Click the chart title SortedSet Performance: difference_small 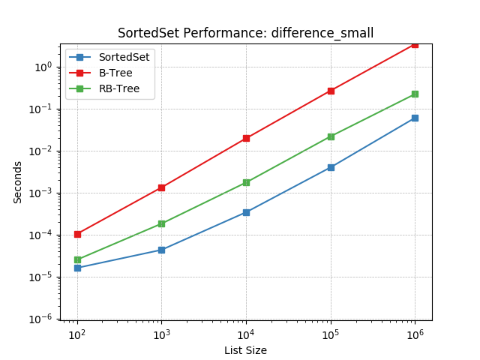pos(245,33)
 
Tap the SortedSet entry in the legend pos(124,57)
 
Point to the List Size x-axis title pos(245,350)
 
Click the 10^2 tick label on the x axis pos(76,333)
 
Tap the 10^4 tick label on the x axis pos(245,333)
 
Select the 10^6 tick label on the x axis pos(415,333)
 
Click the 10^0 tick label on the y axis pos(43,67)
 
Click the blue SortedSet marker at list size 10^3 pos(161,250)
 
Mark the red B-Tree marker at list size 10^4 pos(246,138)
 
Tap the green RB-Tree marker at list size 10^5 pos(331,136)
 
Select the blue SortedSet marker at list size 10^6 pos(415,118)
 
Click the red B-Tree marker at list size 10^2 pos(76,234)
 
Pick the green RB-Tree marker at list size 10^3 pos(161,223)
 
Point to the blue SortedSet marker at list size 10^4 pos(246,212)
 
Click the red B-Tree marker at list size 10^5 pos(331,91)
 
